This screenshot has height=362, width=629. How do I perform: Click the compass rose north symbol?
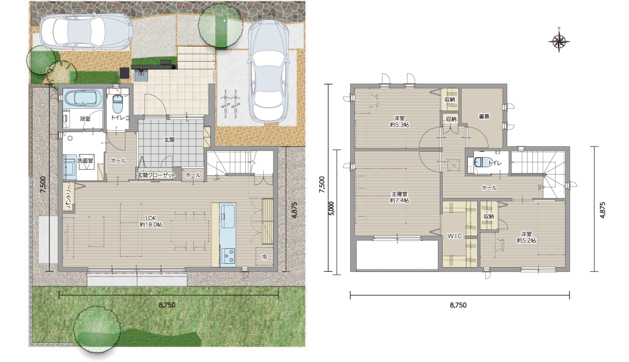[x=559, y=41]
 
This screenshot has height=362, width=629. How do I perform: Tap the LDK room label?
[x=151, y=221]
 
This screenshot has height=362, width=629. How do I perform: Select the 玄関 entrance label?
[x=169, y=140]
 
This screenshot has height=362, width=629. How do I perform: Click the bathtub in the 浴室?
[x=83, y=99]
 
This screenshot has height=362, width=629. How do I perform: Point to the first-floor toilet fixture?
[x=116, y=105]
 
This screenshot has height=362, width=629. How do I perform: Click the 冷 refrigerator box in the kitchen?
[x=264, y=257]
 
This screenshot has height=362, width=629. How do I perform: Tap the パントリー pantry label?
[x=68, y=197]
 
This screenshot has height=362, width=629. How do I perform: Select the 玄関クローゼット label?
[x=157, y=175]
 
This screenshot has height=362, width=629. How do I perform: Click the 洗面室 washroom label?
[x=86, y=161]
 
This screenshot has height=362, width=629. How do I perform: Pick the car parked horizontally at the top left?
[x=86, y=31]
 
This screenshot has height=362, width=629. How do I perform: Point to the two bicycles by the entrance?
[x=230, y=102]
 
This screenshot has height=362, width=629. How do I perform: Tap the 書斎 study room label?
[x=484, y=116]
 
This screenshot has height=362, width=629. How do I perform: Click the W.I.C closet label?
[x=455, y=236]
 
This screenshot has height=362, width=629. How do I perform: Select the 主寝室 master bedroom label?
[x=400, y=197]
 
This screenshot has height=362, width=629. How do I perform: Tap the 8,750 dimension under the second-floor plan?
[x=458, y=305]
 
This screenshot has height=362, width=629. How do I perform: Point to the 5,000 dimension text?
[x=331, y=208]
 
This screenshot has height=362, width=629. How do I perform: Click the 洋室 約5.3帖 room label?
[x=399, y=122]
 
